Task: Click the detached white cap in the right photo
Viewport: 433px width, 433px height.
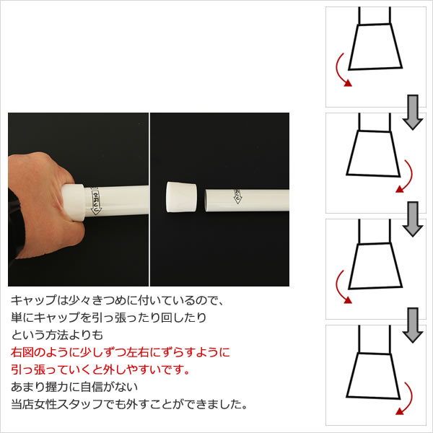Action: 181,197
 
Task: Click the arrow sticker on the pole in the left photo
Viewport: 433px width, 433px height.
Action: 96,201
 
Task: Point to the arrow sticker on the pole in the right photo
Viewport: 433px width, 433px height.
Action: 237,196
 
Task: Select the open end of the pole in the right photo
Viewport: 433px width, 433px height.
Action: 206,201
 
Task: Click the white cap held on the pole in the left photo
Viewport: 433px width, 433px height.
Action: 74,203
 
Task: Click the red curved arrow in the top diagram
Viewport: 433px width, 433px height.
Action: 341,71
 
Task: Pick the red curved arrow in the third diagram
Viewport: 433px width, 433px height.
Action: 341,287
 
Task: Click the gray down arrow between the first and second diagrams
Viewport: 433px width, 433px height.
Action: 413,112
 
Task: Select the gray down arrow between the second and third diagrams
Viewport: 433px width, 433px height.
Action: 413,219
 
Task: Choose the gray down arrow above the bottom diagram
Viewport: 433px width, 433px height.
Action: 413,325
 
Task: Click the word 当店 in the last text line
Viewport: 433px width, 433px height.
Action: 22,405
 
